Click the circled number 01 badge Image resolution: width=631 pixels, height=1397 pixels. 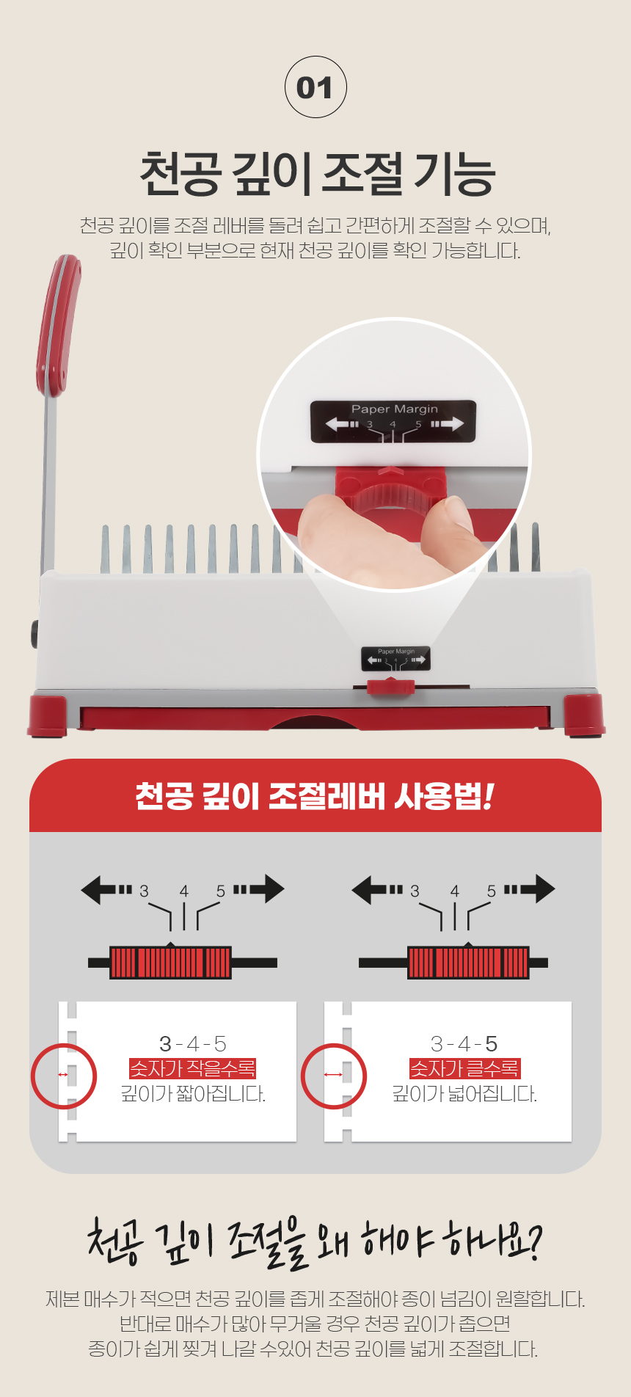(x=315, y=87)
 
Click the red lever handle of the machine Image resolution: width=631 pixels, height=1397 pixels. (x=56, y=327)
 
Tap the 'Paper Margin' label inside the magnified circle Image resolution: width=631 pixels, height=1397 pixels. (x=394, y=409)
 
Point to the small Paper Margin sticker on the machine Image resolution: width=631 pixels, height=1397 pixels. (x=395, y=658)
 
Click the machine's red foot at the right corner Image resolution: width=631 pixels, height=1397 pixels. (x=584, y=714)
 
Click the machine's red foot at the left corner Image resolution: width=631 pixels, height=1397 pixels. (x=48, y=715)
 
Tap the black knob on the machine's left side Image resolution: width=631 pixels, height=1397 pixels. (x=34, y=634)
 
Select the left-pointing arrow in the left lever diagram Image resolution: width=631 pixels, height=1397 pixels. (x=106, y=890)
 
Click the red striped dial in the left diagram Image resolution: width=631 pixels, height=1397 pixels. (x=170, y=962)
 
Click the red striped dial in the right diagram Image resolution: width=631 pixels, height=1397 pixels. (x=468, y=962)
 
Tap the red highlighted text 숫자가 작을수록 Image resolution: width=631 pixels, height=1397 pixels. (x=192, y=1068)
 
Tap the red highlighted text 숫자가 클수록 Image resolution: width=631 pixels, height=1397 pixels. (x=464, y=1068)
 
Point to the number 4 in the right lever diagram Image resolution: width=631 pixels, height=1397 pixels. (x=455, y=891)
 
